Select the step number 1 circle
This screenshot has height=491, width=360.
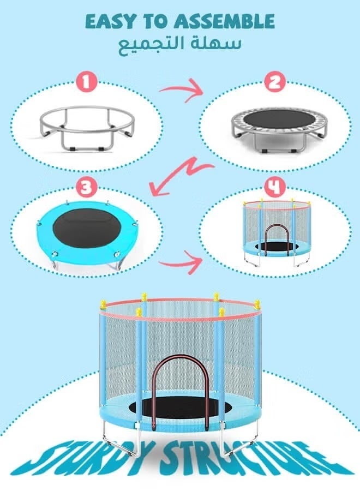click(86, 83)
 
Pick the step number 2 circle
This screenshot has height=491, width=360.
click(274, 83)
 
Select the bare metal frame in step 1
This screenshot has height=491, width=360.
click(87, 128)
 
